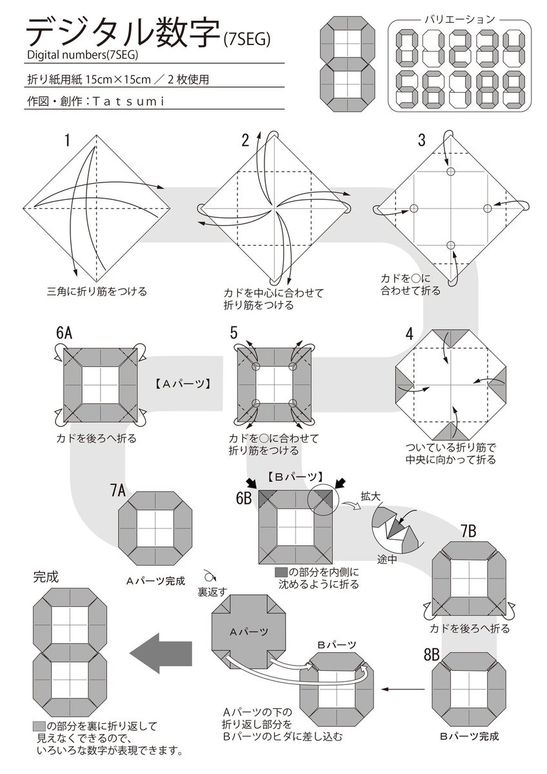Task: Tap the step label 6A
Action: pyautogui.click(x=64, y=333)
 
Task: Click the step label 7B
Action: pyautogui.click(x=468, y=531)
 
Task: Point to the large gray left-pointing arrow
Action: pyautogui.click(x=159, y=653)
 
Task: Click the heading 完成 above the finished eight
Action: pyautogui.click(x=46, y=576)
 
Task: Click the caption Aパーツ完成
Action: pyautogui.click(x=155, y=580)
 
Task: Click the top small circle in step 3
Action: pyautogui.click(x=450, y=172)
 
